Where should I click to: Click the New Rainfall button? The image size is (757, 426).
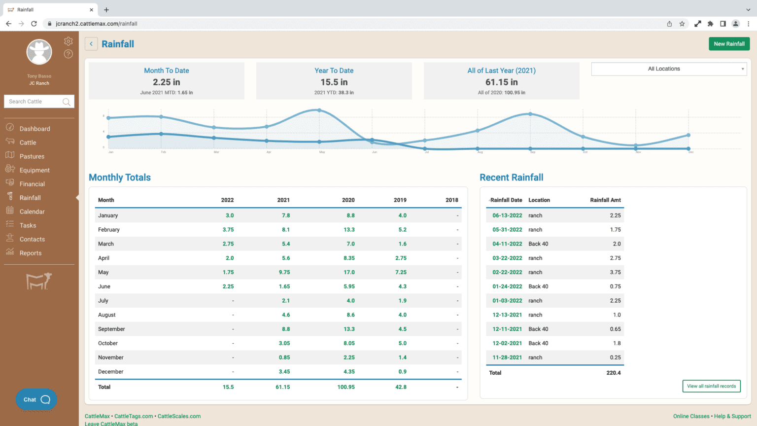coord(729,44)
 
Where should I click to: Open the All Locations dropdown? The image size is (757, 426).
coord(669,69)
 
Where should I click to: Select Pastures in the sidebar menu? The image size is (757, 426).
coord(32,156)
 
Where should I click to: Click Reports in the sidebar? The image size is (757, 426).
coord(30,253)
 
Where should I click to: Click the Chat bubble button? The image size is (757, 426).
coord(36,399)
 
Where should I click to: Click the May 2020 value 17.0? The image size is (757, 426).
coord(349,272)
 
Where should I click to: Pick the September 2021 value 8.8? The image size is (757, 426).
coord(285,329)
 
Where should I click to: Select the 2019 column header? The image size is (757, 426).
coord(400,200)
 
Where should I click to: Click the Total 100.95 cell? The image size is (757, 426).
coord(345,387)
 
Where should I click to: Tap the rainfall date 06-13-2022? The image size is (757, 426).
coord(507,215)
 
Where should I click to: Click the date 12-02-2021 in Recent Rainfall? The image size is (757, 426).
coord(507,343)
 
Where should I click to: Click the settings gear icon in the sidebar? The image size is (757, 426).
coord(69,41)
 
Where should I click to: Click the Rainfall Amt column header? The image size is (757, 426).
coord(605,200)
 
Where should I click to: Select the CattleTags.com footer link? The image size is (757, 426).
coord(134,416)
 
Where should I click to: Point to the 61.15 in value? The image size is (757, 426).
coord(501,82)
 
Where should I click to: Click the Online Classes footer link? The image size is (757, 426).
coord(691,416)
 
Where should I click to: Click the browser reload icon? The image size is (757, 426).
coord(34,24)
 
